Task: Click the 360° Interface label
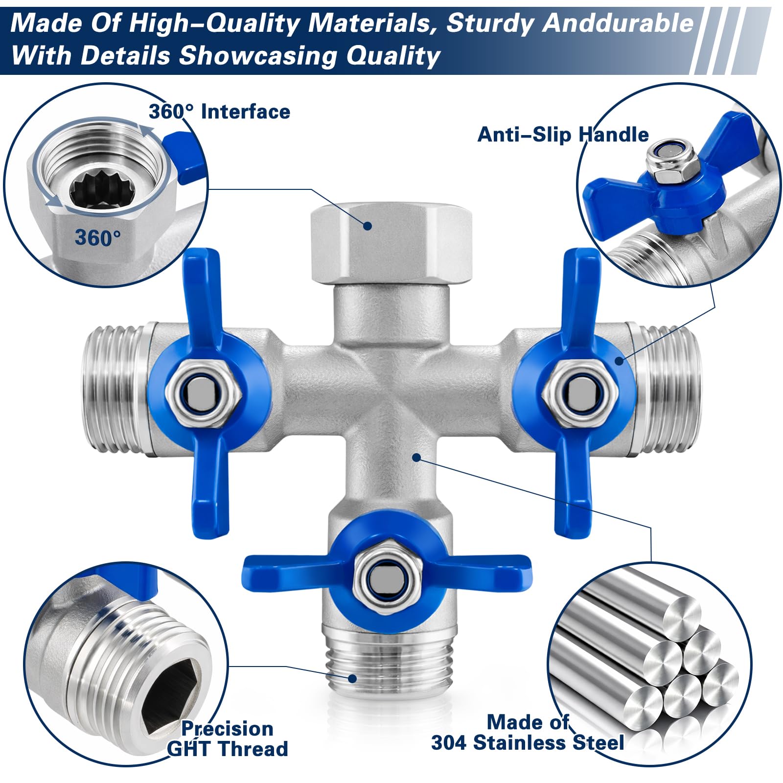pos(219,112)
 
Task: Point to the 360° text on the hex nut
pos(98,238)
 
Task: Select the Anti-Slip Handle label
pos(563,135)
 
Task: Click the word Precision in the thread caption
pos(227,729)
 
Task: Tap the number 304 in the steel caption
pos(449,742)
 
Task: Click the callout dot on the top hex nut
pos(367,226)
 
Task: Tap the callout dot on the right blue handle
pos(619,361)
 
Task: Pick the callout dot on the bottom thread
pos(352,678)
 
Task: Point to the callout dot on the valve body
pos(416,458)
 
